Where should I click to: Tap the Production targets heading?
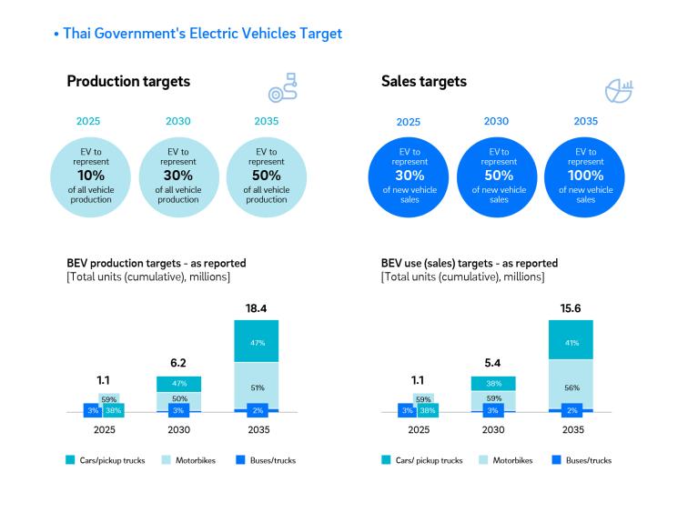(x=128, y=81)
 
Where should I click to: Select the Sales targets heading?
(x=423, y=81)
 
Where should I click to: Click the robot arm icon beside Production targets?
(x=282, y=88)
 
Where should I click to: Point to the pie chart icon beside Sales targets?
(x=619, y=89)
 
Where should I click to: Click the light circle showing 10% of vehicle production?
(x=90, y=176)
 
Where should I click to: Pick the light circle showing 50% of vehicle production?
(x=266, y=176)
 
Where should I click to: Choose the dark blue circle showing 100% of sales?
(x=585, y=176)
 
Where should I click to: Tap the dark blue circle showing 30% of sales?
(x=409, y=176)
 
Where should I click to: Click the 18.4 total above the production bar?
(x=257, y=309)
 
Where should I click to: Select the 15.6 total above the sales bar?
(x=572, y=309)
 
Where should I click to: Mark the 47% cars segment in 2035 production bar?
(x=257, y=342)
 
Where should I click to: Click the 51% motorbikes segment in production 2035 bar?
(x=257, y=387)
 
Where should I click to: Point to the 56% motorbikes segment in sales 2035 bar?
(x=572, y=387)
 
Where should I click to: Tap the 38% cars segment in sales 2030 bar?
(x=492, y=384)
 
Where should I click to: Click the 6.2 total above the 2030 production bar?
(x=178, y=363)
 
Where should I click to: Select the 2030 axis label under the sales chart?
(x=492, y=429)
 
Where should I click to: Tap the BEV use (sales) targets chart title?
(x=469, y=264)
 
